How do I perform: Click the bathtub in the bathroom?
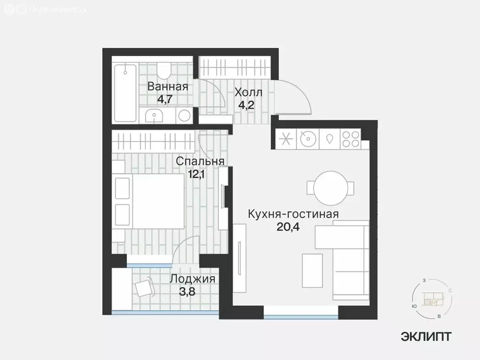pos(125,92)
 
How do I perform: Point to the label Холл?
pos(248,92)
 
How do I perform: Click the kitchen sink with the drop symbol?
pos(330,139)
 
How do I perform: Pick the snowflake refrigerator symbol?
pos(285,139)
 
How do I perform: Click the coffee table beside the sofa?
pos(312,270)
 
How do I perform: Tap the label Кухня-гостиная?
pos(293,215)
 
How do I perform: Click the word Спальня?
pos(200,161)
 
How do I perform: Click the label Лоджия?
pos(192,279)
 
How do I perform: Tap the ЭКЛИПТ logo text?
pos(426,336)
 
